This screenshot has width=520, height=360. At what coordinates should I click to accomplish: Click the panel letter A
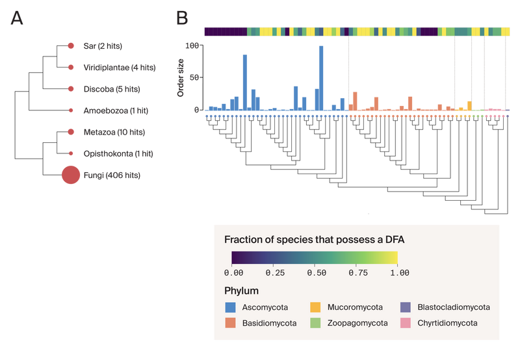[x=16, y=19]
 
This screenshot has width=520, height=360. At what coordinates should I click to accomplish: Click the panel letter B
[x=182, y=18]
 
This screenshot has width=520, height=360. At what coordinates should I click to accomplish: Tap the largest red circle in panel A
[x=70, y=175]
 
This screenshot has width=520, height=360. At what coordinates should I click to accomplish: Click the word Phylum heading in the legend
[x=241, y=290]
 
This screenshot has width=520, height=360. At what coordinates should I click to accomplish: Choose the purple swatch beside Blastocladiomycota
[x=405, y=307]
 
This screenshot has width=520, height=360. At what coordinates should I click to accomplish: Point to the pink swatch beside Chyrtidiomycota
[x=405, y=323]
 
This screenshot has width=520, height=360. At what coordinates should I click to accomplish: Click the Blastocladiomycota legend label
[x=454, y=307]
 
